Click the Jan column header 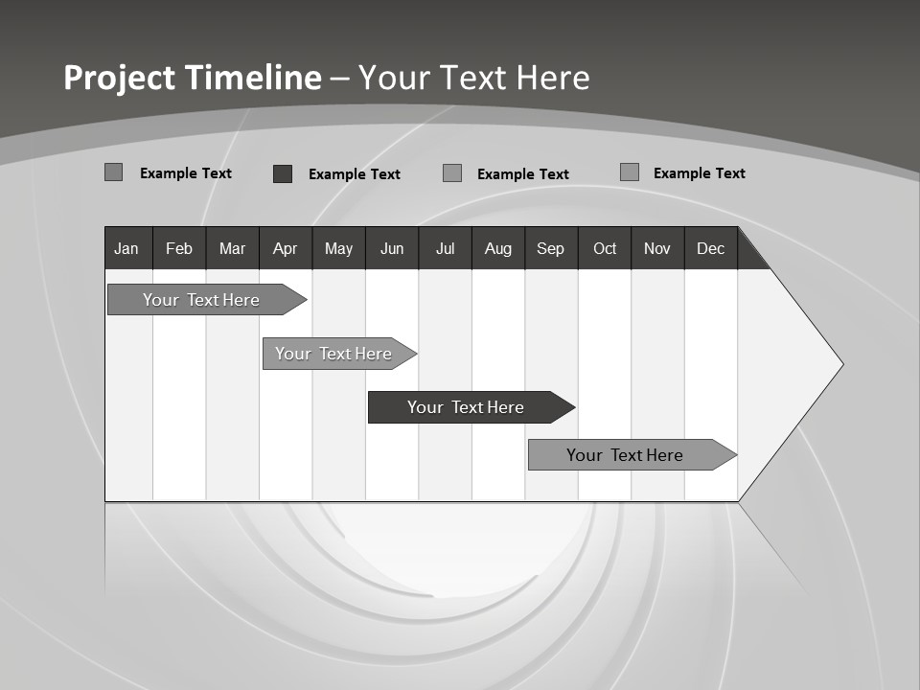tap(127, 248)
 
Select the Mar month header tap(232, 248)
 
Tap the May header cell tap(338, 248)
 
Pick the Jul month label tap(445, 248)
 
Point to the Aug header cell tap(497, 248)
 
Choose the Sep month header tap(550, 248)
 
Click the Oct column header tap(605, 248)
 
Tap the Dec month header tap(710, 248)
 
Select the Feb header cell tap(179, 248)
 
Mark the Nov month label tap(657, 248)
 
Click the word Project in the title tap(120, 78)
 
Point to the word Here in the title tap(553, 78)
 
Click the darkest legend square tap(283, 173)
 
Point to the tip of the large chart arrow tap(840, 364)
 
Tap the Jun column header tap(392, 248)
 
